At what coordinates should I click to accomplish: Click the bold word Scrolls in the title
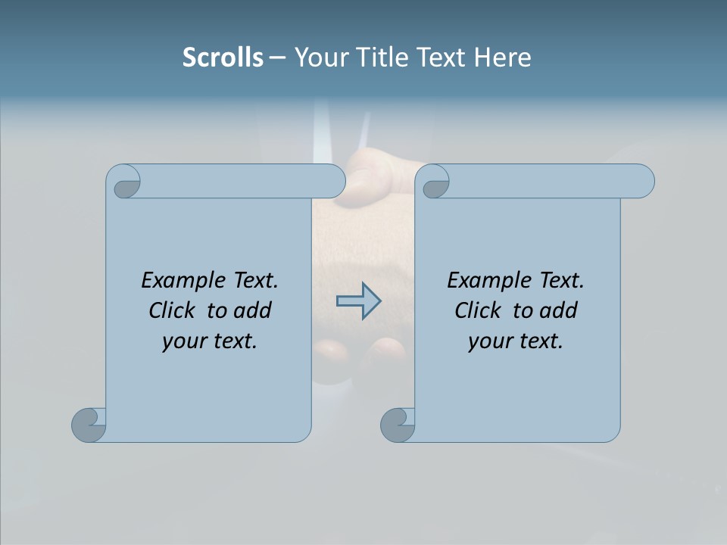tap(223, 58)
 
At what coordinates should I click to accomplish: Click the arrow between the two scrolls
tap(358, 301)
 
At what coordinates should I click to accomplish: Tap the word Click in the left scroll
tap(173, 310)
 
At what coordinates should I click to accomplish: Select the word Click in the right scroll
tap(479, 310)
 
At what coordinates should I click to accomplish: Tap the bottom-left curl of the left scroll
tap(89, 425)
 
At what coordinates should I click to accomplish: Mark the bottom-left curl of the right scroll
tap(397, 425)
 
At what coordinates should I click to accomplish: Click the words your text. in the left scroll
tap(210, 341)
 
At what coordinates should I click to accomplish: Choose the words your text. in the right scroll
tap(516, 341)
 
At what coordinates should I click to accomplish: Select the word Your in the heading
tap(319, 58)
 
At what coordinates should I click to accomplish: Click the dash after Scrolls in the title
tap(277, 58)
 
